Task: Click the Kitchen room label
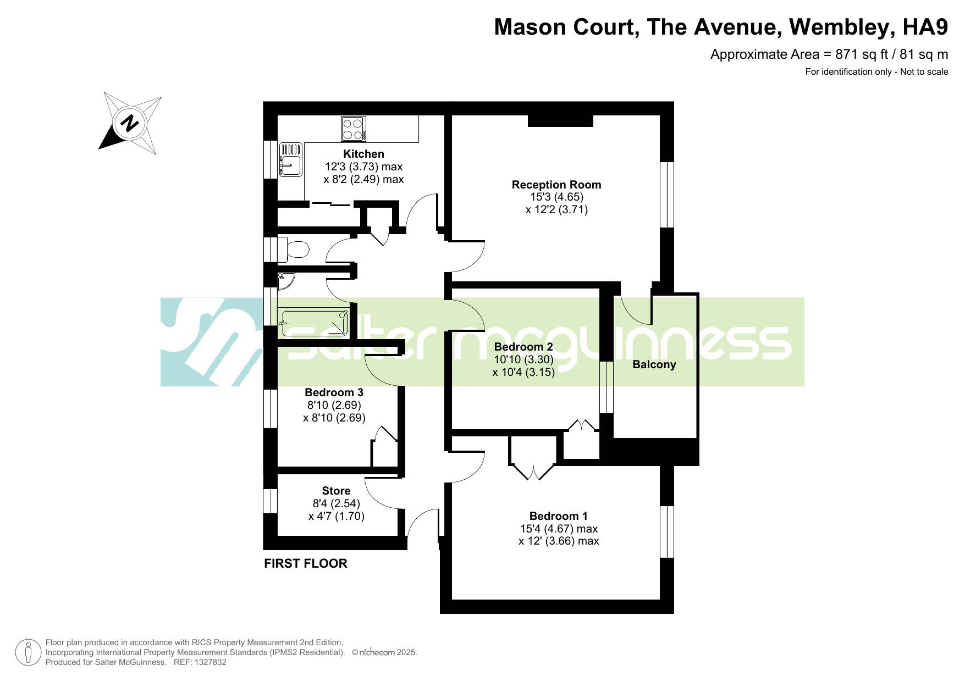point(363,154)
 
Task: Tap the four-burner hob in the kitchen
point(353,129)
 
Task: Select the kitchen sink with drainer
point(291,159)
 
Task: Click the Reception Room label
point(556,185)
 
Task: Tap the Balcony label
point(654,364)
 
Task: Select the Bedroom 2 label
point(523,347)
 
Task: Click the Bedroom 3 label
point(334,392)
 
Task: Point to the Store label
point(336,491)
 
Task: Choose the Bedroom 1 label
point(558,516)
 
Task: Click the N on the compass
point(130,123)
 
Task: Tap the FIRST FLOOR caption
point(306,563)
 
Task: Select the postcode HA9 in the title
point(926,27)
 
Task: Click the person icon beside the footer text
point(28,653)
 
